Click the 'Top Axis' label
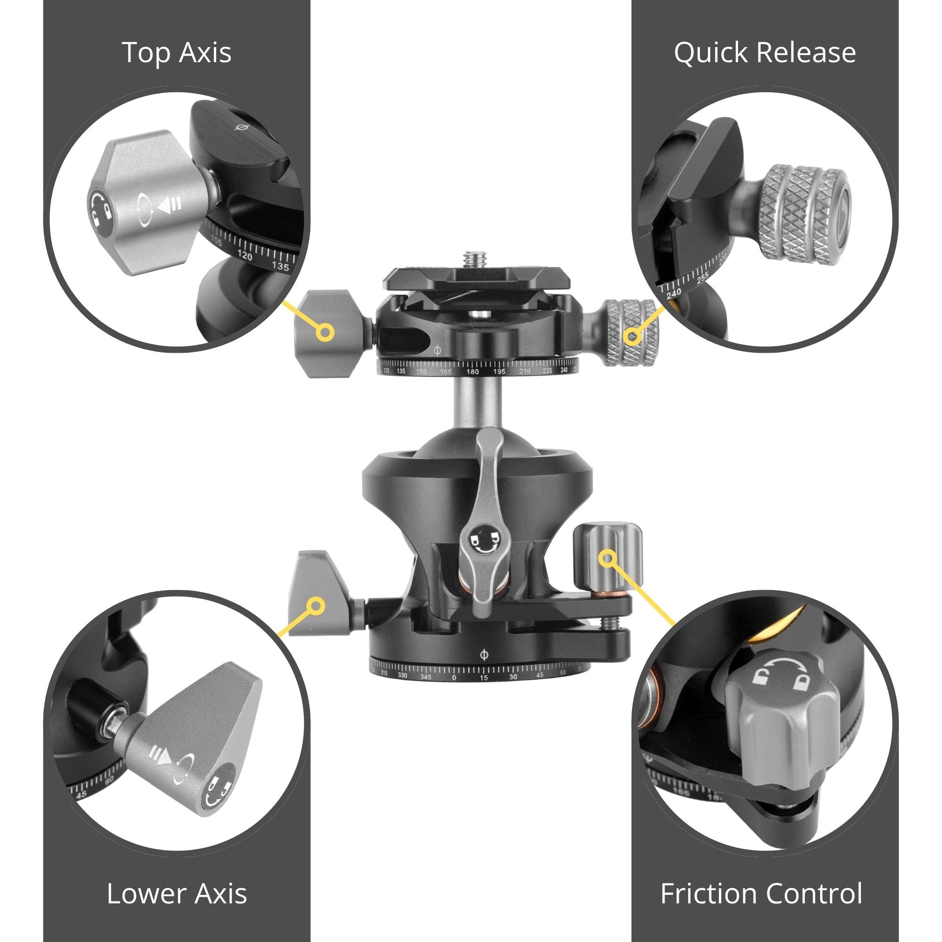point(177,53)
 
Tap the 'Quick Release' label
point(764,53)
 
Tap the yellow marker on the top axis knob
point(324,333)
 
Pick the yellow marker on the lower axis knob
point(317,606)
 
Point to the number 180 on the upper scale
point(472,372)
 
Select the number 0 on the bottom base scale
point(455,678)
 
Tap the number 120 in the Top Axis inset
point(244,255)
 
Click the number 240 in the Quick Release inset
point(674,293)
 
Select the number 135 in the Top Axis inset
point(280,266)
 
